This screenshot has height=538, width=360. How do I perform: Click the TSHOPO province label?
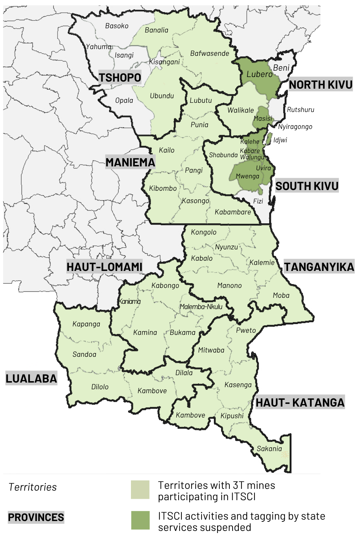120,77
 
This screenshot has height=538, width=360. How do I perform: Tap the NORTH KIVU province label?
320,84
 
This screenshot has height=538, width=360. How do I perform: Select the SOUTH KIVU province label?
307,186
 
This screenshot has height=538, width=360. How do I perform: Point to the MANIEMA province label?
130,162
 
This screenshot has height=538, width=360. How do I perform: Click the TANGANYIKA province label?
319,267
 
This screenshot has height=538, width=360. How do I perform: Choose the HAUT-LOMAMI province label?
104,267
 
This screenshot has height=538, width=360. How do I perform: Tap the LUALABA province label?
31,378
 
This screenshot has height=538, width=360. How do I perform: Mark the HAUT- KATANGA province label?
300,402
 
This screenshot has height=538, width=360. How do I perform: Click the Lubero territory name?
259,74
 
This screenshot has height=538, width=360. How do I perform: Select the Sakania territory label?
269,449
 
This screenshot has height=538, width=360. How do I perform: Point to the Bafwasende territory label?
210,53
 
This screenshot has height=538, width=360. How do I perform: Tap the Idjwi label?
280,140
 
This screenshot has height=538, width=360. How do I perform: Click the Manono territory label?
229,285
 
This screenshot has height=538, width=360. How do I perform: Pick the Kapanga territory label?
86,324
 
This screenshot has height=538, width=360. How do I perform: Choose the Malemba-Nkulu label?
201,307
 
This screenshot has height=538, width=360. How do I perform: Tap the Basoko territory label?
117,26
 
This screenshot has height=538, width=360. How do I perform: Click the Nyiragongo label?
295,126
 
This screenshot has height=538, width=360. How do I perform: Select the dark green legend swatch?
140,520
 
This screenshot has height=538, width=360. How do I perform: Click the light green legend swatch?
140,490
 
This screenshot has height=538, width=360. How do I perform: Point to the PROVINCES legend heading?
36,518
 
